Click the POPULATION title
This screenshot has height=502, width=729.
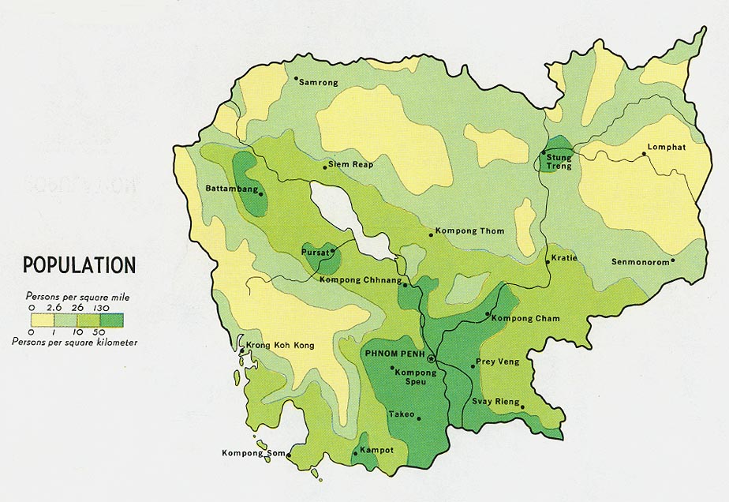79,264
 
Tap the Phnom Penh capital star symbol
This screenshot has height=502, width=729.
430,358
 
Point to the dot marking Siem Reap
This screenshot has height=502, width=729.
324,166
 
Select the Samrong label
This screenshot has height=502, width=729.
319,82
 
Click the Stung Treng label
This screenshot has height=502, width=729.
559,162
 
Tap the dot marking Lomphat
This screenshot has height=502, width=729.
645,154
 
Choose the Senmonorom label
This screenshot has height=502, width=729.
641,261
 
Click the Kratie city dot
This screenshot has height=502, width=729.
548,261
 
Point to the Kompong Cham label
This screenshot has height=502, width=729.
525,318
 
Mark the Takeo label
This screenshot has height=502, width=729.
402,414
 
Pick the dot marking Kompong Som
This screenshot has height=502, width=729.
289,455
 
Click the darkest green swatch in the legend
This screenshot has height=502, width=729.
112,320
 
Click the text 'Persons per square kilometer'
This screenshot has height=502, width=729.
75,342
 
